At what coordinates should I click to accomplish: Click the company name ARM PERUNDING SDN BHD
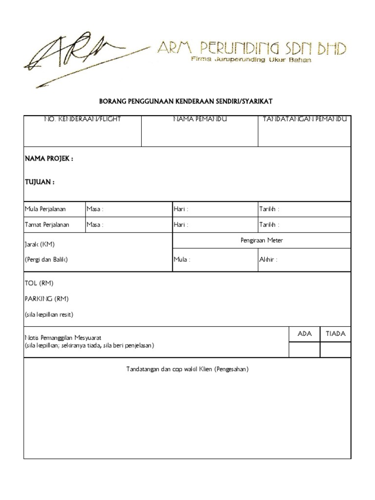point(251,49)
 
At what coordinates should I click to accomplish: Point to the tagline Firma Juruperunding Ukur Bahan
point(250,60)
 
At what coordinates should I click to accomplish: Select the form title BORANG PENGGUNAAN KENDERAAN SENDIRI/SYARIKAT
point(186,102)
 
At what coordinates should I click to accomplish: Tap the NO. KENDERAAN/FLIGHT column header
point(83,119)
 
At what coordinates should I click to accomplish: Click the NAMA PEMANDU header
point(200,119)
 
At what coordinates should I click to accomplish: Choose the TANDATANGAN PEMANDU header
point(305,119)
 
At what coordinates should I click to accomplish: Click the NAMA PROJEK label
point(49,159)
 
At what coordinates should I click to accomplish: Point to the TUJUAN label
point(40,182)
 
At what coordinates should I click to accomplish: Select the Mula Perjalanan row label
point(45,209)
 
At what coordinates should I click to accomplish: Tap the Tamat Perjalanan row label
point(47,225)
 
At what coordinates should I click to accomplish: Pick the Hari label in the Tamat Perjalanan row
point(181,225)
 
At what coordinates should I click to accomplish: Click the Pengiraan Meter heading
point(262,240)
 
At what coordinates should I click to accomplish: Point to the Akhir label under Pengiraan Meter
point(268,260)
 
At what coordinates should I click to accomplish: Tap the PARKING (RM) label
point(46,298)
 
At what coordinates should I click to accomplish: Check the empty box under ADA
point(304,350)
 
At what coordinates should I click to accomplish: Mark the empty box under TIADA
point(335,350)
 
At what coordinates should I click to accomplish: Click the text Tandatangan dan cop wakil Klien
point(187,369)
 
